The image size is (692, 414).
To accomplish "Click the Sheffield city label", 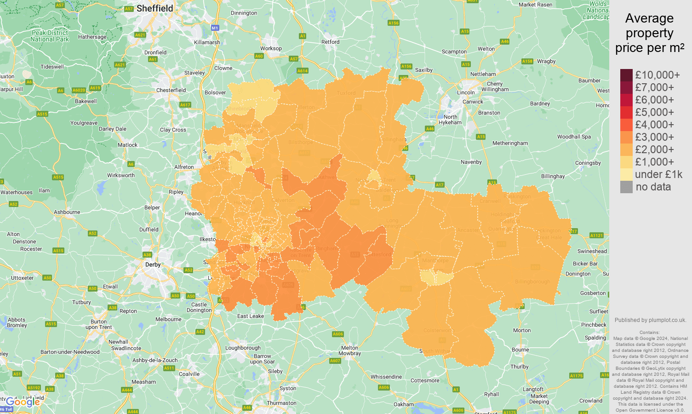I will coord(154,8).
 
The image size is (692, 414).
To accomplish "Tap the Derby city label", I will coord(153,264).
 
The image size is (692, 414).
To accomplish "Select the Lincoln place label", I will coord(466,92).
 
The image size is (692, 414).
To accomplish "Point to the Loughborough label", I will coord(243,348).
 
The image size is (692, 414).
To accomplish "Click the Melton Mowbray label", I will coord(349,351).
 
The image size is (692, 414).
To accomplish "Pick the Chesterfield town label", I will coord(171,90).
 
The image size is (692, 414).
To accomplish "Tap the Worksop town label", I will coord(271,48).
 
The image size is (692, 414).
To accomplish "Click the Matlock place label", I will coord(127,145).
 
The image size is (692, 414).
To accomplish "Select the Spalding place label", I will coord(595,338).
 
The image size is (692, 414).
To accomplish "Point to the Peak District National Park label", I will coord(50,36).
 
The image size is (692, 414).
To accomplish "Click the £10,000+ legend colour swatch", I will coord(626,75).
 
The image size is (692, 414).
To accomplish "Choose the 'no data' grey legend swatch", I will coord(626,187).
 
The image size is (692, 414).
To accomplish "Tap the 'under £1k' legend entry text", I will coord(658,174).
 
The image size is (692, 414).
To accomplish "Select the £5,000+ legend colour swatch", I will coord(626,112).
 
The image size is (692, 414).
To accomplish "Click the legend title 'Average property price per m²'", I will coord(649,33).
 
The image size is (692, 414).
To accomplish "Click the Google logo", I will coord(23,402).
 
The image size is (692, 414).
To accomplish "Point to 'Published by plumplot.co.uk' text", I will coord(650,320).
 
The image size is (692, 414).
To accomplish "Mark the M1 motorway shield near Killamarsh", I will coord(215,28).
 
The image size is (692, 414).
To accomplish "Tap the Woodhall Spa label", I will coord(574,137).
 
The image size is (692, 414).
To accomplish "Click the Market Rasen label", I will coord(535,5).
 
